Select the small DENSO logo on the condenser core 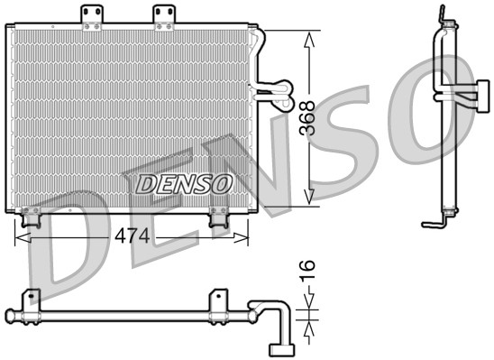click(x=184, y=184)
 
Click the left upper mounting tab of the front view click(x=90, y=15)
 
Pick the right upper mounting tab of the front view click(x=162, y=15)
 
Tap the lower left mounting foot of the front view click(x=32, y=217)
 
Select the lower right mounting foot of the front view click(x=218, y=217)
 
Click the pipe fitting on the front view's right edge click(x=270, y=88)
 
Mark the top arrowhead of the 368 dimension click(x=309, y=38)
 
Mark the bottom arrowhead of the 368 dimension click(x=309, y=197)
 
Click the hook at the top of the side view click(x=442, y=15)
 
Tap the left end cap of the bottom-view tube click(x=10, y=315)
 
